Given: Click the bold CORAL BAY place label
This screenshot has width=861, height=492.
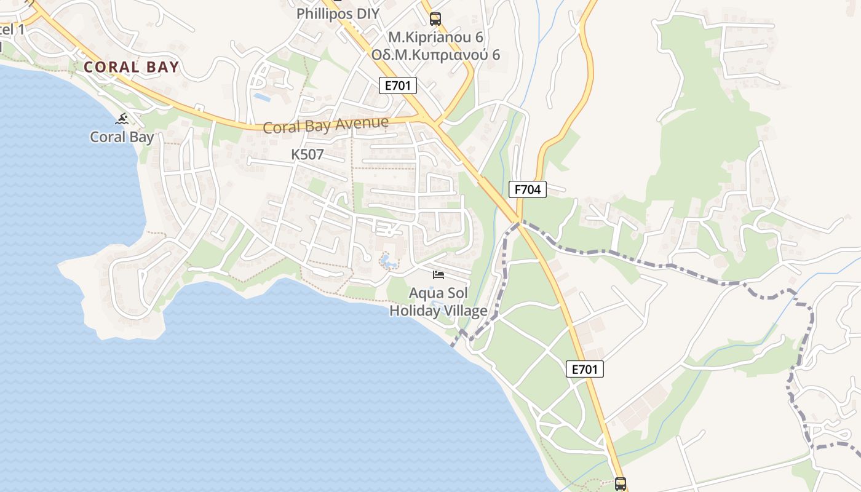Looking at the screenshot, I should (131, 67).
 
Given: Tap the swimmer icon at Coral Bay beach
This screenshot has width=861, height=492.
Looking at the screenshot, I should (122, 119).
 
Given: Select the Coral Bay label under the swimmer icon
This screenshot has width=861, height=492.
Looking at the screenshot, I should (122, 137).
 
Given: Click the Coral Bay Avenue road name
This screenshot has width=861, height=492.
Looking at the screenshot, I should (325, 125).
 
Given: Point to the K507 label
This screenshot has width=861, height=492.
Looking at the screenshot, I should (307, 154).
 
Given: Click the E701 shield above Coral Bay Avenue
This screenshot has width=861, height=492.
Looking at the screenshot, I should (397, 85).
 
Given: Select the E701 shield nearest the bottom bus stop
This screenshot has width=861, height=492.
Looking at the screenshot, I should (584, 369).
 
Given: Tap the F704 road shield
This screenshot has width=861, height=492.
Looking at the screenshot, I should (528, 189).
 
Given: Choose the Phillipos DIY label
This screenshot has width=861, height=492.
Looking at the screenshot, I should (338, 14).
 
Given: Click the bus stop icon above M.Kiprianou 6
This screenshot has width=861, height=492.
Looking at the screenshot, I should (435, 18).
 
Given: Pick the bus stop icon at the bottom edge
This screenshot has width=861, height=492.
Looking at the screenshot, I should (620, 483).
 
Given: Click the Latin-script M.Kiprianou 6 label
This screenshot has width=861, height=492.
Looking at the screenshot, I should (435, 37).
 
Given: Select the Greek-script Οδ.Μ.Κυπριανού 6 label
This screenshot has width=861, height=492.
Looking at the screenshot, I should (435, 55).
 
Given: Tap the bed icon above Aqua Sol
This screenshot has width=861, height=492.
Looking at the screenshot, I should (438, 274).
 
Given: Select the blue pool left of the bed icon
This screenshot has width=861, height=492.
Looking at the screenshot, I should (388, 262).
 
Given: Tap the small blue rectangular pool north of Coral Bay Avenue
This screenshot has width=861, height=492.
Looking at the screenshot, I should (262, 97).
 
